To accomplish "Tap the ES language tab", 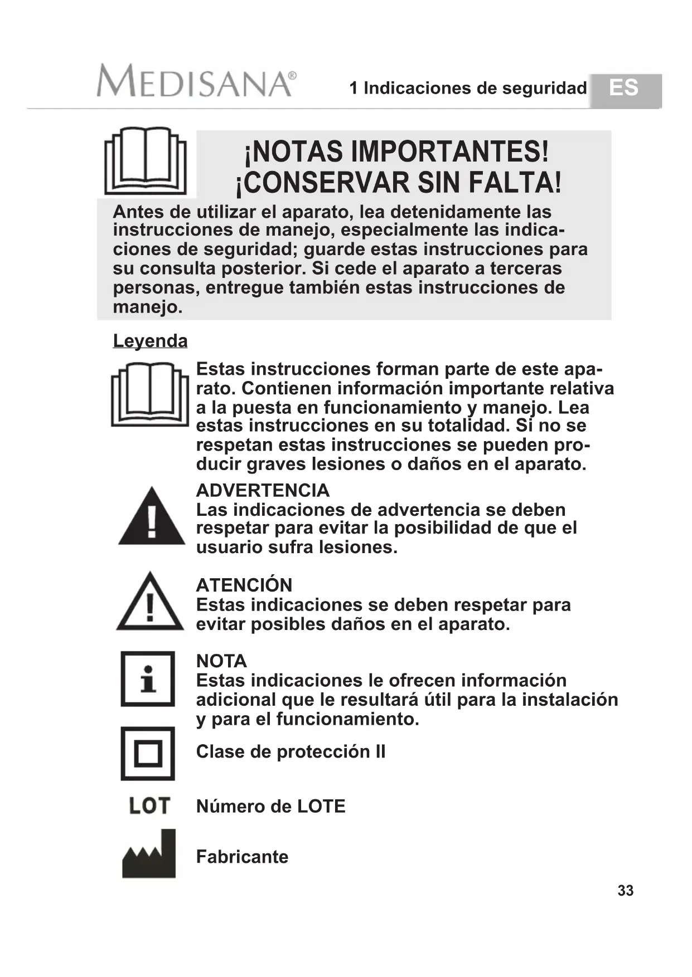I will click(x=624, y=89).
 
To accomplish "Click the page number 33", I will click(x=625, y=891).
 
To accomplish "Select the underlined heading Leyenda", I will click(x=150, y=341).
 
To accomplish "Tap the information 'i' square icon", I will click(x=148, y=679).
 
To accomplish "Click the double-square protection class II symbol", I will click(x=148, y=754).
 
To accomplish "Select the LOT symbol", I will click(x=149, y=805).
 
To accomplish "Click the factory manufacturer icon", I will click(x=149, y=854).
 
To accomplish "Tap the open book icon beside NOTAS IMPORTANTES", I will click(x=146, y=161).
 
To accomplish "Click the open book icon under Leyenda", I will click(x=150, y=394).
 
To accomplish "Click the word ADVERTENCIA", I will click(x=263, y=491).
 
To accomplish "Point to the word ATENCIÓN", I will click(x=244, y=585).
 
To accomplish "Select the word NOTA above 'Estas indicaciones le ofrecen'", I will click(x=221, y=661).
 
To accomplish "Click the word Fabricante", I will click(x=242, y=857).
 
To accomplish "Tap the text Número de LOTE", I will click(x=270, y=807).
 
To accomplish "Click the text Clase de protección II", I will click(x=291, y=752).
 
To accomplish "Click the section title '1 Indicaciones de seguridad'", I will click(x=468, y=88).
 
